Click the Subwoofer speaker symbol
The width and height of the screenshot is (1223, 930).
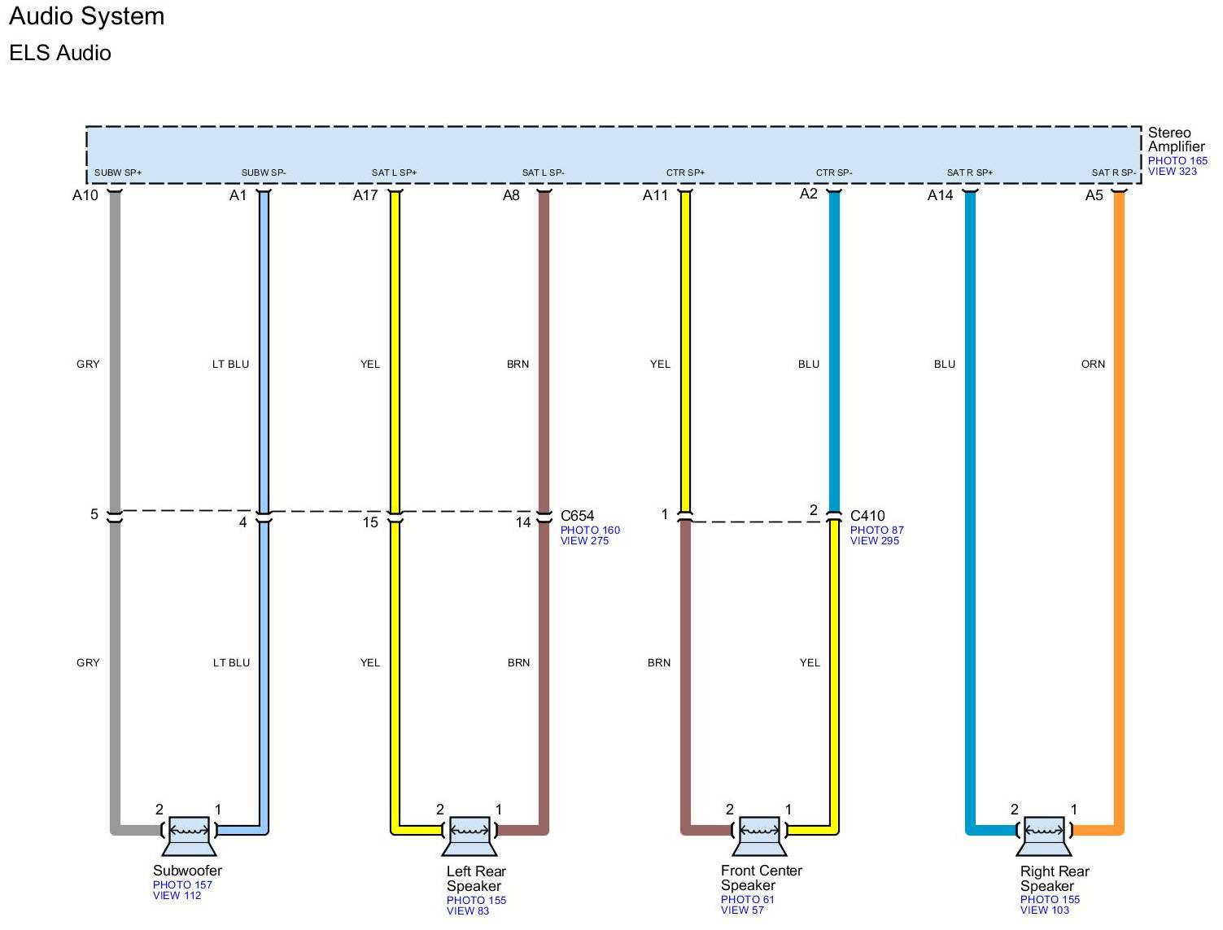pyautogui.click(x=190, y=834)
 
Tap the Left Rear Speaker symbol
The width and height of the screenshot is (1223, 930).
pyautogui.click(x=470, y=834)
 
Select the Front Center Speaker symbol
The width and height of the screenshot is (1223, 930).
pyautogui.click(x=759, y=834)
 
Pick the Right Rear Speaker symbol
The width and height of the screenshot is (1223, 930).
pyautogui.click(x=1043, y=834)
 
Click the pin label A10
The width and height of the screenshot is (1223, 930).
pyautogui.click(x=85, y=195)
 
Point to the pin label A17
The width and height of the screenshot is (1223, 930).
pyautogui.click(x=365, y=195)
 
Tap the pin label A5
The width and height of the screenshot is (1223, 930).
pyautogui.click(x=1094, y=195)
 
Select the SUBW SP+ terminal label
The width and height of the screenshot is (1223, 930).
pyautogui.click(x=118, y=172)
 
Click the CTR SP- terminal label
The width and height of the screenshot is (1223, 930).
pyautogui.click(x=834, y=172)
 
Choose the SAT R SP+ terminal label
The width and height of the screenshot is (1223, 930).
pyautogui.click(x=969, y=172)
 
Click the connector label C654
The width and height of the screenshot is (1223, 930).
pyautogui.click(x=577, y=516)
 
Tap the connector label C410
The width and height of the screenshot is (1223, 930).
pyautogui.click(x=867, y=516)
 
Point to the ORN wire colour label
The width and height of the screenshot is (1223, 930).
pyautogui.click(x=1093, y=364)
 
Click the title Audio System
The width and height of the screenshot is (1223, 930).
pyautogui.click(x=87, y=16)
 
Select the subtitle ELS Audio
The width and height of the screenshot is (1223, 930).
pyautogui.click(x=60, y=53)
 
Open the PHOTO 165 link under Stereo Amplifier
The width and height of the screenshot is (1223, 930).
pyautogui.click(x=1177, y=160)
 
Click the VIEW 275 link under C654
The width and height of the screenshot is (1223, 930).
pyautogui.click(x=584, y=540)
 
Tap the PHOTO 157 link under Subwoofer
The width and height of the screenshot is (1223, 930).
pyautogui.click(x=182, y=884)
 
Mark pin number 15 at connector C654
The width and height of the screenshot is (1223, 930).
pyautogui.click(x=370, y=522)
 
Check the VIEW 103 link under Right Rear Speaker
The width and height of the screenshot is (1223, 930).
pyautogui.click(x=1044, y=910)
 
